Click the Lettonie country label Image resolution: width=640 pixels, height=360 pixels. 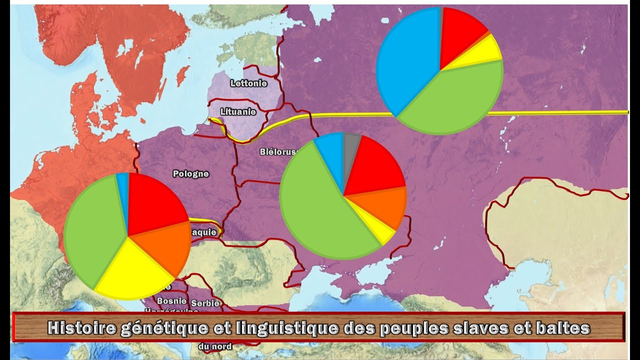pyautogui.click(x=248, y=83)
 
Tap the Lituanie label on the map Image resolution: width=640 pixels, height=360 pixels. pyautogui.click(x=238, y=112)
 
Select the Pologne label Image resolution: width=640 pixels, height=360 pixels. pyautogui.click(x=190, y=174)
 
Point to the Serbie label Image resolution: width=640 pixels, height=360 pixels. pyautogui.click(x=205, y=303)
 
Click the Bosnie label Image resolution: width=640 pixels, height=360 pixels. pyautogui.click(x=171, y=301)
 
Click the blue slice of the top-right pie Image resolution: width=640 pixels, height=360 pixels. pyautogui.click(x=405, y=60)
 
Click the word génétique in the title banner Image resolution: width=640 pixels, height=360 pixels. pyautogui.click(x=158, y=328)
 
